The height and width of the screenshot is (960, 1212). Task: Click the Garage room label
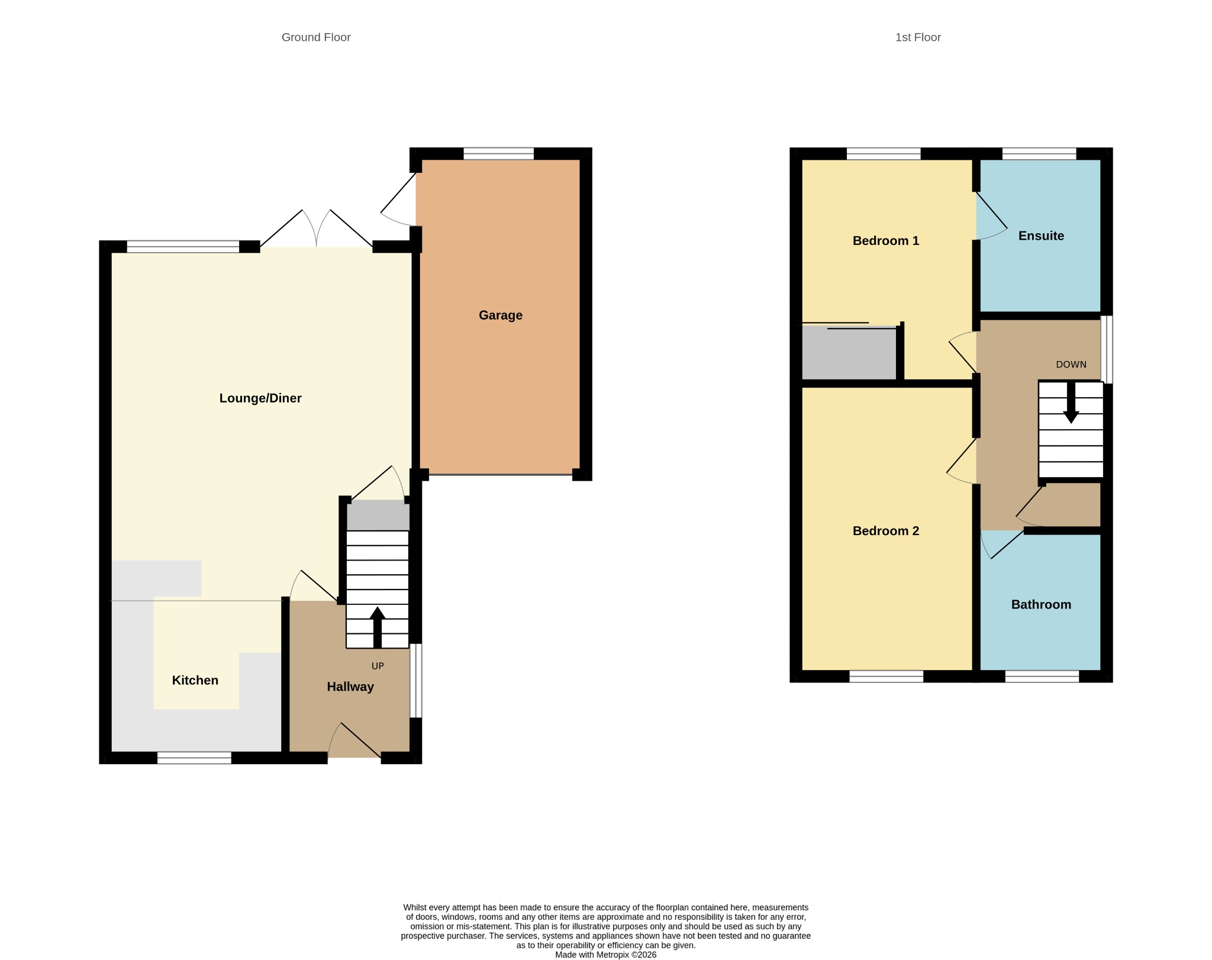click(x=500, y=315)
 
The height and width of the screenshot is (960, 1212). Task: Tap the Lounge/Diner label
click(x=260, y=398)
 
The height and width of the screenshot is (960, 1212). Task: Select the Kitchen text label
click(x=195, y=680)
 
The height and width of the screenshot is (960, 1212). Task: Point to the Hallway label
click(x=350, y=687)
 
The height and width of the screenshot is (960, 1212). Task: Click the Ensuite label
click(x=1041, y=236)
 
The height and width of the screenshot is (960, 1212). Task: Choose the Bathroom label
click(x=1041, y=604)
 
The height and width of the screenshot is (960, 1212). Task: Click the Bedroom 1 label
click(x=885, y=240)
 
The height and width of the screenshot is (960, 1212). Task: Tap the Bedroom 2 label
click(x=885, y=531)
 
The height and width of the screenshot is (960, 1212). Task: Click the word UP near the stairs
click(x=378, y=666)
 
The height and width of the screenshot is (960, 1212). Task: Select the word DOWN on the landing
click(x=1071, y=365)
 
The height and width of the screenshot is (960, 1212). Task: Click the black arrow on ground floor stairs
click(x=377, y=627)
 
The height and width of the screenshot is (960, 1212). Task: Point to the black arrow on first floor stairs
click(x=1071, y=402)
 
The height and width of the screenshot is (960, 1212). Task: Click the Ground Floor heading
click(x=316, y=37)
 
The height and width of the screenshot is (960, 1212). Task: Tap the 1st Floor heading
click(x=918, y=37)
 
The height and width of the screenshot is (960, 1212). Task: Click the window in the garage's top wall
click(x=498, y=154)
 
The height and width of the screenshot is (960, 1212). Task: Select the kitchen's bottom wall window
click(x=194, y=758)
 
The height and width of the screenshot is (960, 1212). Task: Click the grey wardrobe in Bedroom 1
click(x=849, y=353)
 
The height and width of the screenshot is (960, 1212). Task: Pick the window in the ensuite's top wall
click(x=1039, y=154)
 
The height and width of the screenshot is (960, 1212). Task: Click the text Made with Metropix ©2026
click(x=605, y=955)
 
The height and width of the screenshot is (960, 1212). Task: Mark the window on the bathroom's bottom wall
click(x=1042, y=676)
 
